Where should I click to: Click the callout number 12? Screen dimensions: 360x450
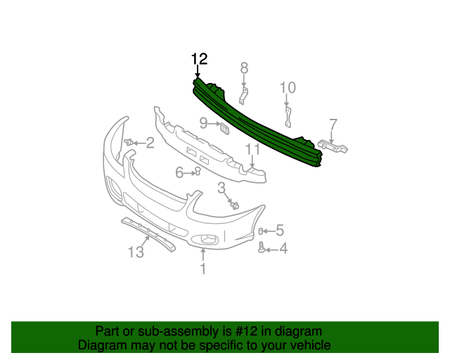pos(199,58)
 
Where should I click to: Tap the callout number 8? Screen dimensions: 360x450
pos(244,68)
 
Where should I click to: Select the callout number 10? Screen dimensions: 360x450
pos(288,88)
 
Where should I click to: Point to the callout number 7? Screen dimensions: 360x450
pos(333,124)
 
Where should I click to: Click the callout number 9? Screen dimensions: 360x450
pos(203,124)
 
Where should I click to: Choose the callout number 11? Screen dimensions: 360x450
pos(252,149)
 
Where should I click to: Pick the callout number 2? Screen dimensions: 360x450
pos(150,143)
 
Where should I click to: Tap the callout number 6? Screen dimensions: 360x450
pos(179,172)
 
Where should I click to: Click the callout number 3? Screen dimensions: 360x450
pos(221,188)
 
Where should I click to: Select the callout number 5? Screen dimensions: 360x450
pos(279,230)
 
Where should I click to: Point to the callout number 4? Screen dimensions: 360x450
pos(283,248)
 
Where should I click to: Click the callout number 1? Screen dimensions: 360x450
pos(203,268)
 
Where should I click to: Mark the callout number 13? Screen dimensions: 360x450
pos(136,252)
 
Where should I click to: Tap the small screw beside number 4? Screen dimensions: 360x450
pos(263,247)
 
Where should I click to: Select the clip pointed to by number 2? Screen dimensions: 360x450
pos(129,143)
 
